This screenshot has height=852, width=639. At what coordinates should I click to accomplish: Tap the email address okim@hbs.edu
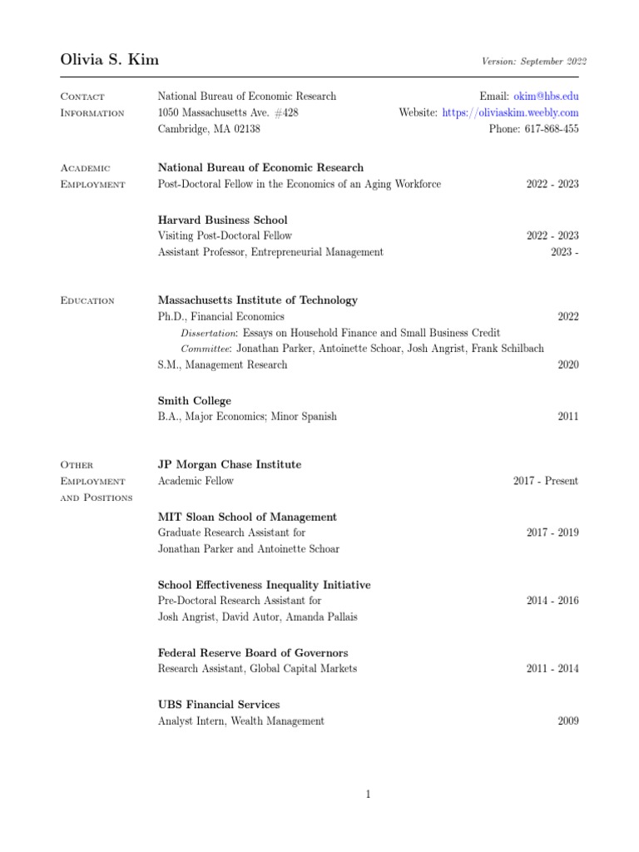(547, 97)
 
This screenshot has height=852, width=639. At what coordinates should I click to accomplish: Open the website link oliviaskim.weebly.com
(510, 112)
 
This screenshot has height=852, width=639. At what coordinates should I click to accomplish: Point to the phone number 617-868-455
(547, 129)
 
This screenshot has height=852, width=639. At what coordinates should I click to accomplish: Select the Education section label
(87, 300)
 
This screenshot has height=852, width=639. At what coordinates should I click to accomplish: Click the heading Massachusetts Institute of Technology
(258, 300)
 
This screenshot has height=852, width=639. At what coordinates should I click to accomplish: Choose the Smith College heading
(195, 401)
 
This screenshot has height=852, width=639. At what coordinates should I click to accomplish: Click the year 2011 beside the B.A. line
(568, 417)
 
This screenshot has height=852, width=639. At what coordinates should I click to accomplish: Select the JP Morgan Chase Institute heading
(230, 464)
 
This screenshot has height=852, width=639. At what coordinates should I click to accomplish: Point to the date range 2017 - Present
(546, 481)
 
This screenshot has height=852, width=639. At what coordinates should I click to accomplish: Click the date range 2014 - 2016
(552, 600)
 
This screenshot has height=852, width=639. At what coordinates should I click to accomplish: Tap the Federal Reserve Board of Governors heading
(253, 653)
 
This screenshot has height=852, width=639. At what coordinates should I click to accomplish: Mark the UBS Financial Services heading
(219, 705)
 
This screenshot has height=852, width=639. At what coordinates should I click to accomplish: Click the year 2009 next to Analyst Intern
(568, 721)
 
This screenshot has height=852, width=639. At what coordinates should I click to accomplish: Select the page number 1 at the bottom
(368, 795)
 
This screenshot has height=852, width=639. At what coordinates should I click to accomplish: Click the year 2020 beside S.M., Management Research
(568, 364)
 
